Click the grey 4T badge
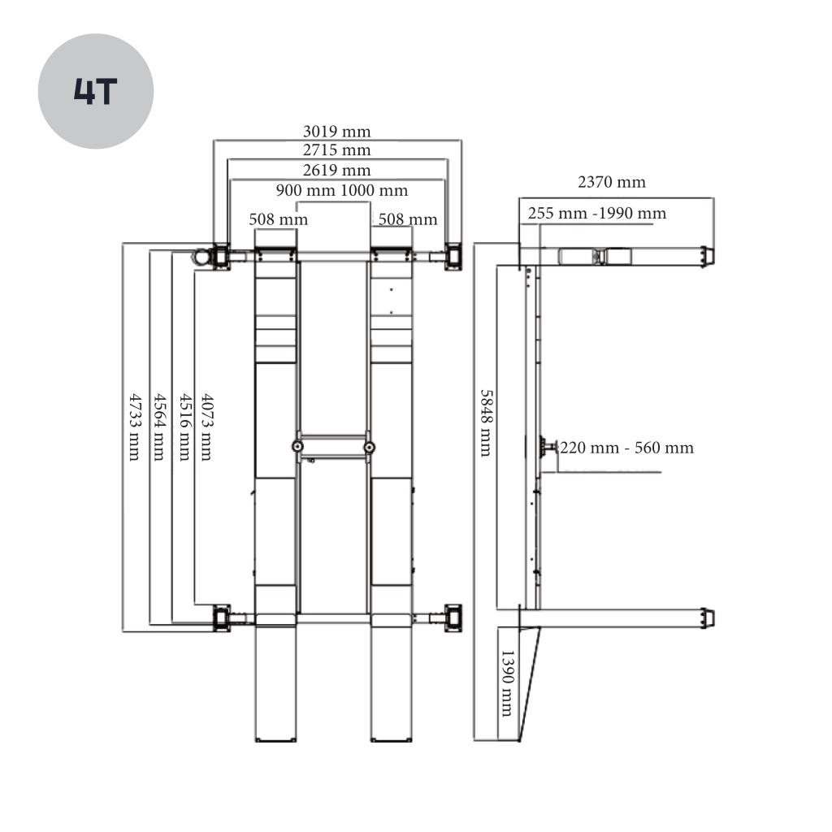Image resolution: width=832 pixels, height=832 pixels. point(96,91)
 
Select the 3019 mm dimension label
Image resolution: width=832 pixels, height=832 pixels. point(336,131)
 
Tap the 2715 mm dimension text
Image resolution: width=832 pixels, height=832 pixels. point(336,149)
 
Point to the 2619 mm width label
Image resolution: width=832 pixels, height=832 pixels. point(336,170)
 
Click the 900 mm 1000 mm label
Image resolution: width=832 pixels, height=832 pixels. point(342,190)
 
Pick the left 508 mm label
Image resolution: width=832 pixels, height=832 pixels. point(278,219)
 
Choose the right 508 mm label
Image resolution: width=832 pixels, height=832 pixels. point(408,219)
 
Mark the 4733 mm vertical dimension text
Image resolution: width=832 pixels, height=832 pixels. point(135,427)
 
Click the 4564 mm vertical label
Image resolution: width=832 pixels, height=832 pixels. point(159,427)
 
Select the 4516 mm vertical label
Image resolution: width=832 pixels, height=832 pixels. point(184,427)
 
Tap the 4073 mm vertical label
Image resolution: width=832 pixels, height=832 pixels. point(206,427)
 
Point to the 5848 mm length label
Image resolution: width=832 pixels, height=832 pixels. point(486,422)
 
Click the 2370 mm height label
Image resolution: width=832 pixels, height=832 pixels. point(611,182)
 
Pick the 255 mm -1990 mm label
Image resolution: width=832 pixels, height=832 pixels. point(597,214)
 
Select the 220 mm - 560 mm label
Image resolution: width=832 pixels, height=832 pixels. point(626,448)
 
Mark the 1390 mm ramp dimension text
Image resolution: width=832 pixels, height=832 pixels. point(507,683)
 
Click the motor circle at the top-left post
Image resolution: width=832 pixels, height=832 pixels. point(201,257)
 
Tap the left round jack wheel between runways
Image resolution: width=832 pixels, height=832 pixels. point(298,447)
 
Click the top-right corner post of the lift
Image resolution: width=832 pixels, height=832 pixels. point(453,257)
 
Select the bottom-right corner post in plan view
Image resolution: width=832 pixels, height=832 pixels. point(453,617)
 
